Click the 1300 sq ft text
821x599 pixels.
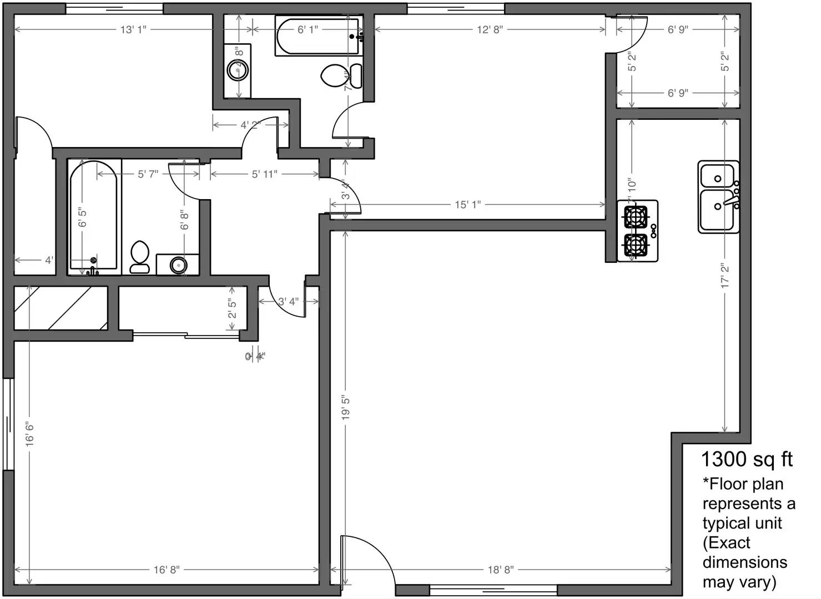747,459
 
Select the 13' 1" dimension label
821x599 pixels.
133,29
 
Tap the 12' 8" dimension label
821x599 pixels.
489,29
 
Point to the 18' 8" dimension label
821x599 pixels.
500,570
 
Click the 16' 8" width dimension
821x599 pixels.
166,570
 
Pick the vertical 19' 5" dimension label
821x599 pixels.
346,408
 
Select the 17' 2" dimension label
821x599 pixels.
725,276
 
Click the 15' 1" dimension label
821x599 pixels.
467,205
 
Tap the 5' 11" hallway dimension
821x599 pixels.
264,174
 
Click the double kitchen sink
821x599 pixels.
718,196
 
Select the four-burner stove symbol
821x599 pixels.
637,231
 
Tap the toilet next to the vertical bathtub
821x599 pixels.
139,257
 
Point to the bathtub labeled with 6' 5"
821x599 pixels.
94,217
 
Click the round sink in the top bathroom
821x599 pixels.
238,71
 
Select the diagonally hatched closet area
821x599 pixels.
60,308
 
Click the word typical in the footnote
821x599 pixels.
742,523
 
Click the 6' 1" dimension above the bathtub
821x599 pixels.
308,29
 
